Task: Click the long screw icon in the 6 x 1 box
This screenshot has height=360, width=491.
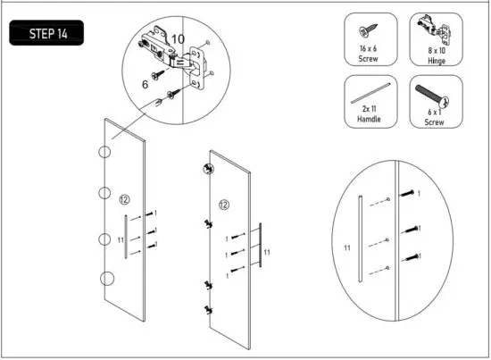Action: pyautogui.click(x=432, y=95)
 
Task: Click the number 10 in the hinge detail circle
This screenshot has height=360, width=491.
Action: pyautogui.click(x=178, y=39)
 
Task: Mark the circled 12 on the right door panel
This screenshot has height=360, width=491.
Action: pyautogui.click(x=224, y=205)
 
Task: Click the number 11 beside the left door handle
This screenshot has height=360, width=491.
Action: pyautogui.click(x=121, y=240)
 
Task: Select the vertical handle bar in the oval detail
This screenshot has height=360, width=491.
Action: pyautogui.click(x=360, y=236)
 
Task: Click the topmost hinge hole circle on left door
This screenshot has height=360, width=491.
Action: pyautogui.click(x=104, y=152)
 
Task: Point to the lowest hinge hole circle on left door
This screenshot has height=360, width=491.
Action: pyautogui.click(x=106, y=279)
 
